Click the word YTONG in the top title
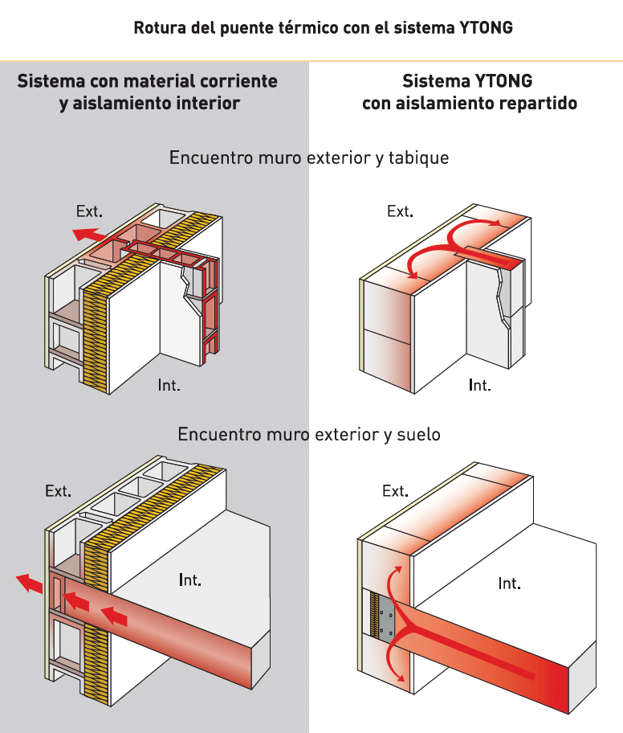(486, 28)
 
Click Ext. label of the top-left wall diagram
(89, 212)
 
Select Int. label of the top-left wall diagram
(169, 386)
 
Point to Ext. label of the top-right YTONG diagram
(400, 212)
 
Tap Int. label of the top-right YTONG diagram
(480, 386)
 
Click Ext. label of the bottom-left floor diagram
(58, 491)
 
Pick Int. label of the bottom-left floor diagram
(190, 579)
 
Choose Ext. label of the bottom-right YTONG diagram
(395, 491)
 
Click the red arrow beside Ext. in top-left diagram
(87, 235)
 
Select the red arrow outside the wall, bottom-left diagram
(31, 583)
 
